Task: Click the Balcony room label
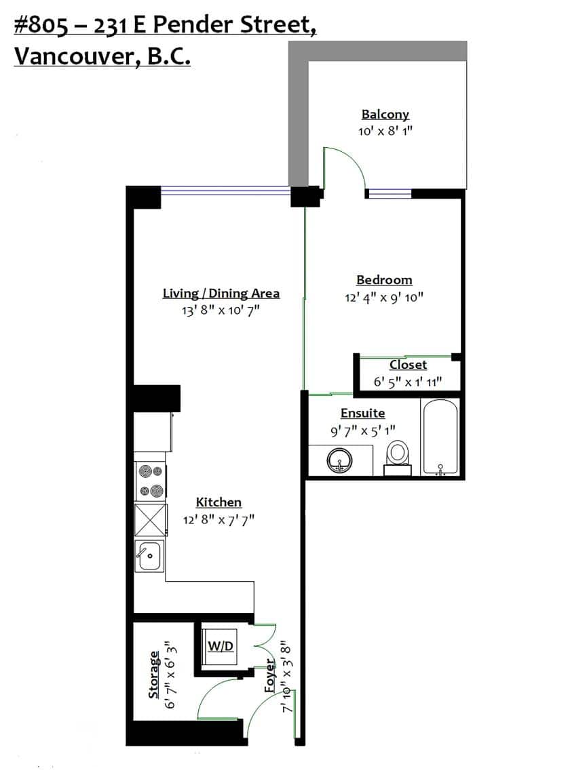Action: tap(385, 115)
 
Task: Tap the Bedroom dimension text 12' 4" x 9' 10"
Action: tap(384, 297)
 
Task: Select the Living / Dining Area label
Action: tap(221, 294)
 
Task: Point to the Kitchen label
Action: tap(219, 502)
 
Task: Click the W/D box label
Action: tap(220, 646)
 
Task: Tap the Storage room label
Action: tap(154, 675)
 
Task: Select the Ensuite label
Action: tap(362, 413)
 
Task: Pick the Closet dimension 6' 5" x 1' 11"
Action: tap(408, 382)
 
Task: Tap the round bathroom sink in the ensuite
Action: tap(339, 462)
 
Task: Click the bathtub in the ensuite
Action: tap(440, 437)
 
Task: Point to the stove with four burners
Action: tap(150, 481)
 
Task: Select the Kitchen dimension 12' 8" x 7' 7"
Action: tap(219, 520)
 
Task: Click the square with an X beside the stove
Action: tap(150, 521)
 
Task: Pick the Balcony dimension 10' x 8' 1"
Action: tap(385, 132)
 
